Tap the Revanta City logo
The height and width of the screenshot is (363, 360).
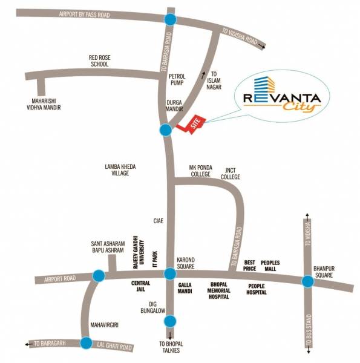pos(282,100)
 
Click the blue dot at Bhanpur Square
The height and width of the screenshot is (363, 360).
pos(308,281)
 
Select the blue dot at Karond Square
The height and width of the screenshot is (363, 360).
pos(169,275)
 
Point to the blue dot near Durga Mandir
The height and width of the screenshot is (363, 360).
pos(165,129)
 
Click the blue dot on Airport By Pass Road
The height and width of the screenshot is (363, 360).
pos(170,20)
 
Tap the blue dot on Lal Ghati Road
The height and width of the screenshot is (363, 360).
pos(86,343)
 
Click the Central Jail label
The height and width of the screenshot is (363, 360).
pos(140,287)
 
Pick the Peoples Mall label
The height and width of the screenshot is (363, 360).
pos(270,266)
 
